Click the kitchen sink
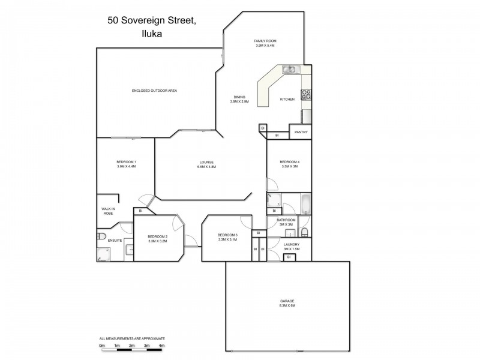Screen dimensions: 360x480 (x=289, y=69)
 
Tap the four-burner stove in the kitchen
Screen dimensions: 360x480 (x=306, y=94)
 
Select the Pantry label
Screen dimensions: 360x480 (x=301, y=133)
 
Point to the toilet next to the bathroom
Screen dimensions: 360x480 (x=304, y=232)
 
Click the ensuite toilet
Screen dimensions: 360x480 (x=101, y=235)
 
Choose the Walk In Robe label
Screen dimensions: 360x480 (x=108, y=211)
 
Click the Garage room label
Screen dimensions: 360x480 (x=287, y=301)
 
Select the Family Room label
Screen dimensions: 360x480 (x=265, y=41)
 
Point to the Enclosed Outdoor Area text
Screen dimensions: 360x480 (x=154, y=91)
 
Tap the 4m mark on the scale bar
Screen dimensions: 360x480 (x=161, y=346)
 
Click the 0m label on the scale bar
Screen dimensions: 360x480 (x=102, y=346)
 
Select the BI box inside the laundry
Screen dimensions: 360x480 (x=289, y=257)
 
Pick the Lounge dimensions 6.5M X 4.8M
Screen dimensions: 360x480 (x=206, y=167)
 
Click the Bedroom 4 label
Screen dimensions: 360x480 (x=289, y=161)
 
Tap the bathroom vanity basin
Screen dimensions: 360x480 (x=289, y=233)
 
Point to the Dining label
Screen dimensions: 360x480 (x=239, y=97)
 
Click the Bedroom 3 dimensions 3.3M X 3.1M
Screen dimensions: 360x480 (x=228, y=239)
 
